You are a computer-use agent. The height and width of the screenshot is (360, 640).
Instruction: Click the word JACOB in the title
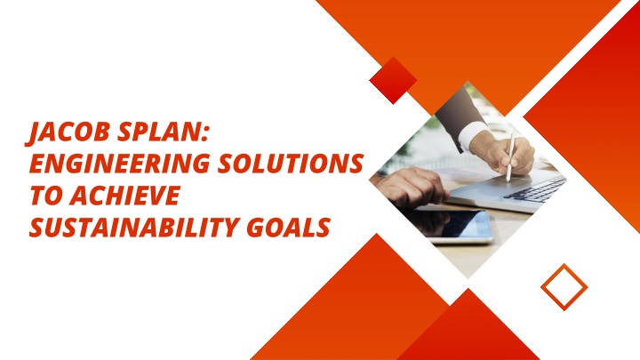coord(68,132)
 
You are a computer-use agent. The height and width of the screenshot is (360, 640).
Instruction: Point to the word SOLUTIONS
coord(290,164)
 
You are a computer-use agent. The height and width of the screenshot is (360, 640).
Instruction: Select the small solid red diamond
coord(393,80)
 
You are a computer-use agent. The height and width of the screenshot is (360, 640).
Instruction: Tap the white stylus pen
coord(510,157)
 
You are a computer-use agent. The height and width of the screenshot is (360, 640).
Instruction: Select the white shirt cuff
coord(474,135)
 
